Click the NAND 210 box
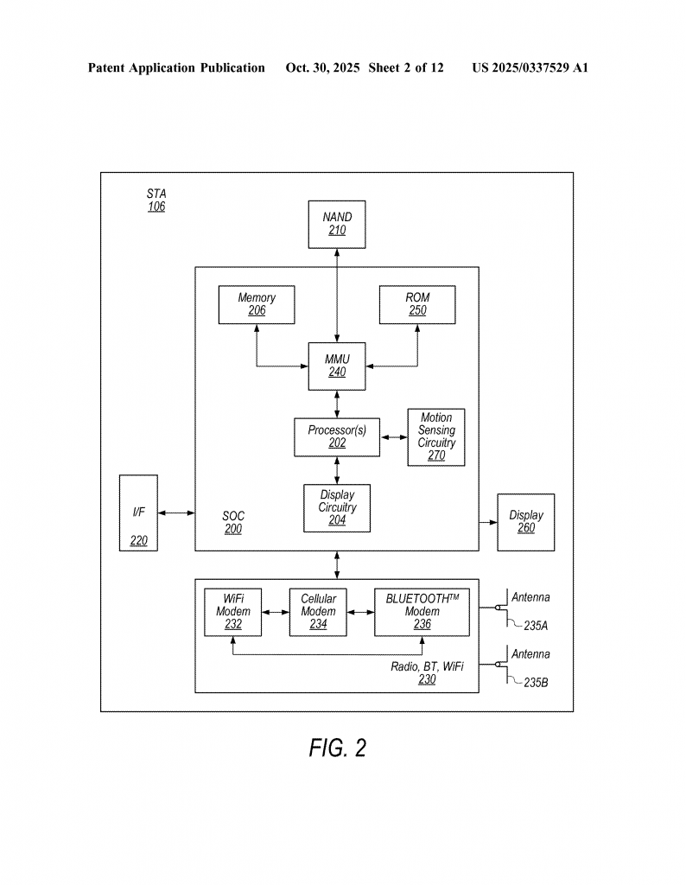tap(336, 223)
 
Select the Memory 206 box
tap(257, 304)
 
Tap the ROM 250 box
tap(417, 304)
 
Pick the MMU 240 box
tap(336, 366)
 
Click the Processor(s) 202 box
tap(336, 436)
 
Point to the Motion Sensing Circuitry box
tap(436, 436)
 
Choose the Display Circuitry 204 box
tap(336, 508)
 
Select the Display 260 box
tap(525, 522)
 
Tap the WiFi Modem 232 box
tap(233, 612)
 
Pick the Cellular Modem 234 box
tap(318, 612)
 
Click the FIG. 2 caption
tap(337, 748)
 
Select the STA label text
tap(156, 193)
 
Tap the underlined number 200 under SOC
tap(233, 530)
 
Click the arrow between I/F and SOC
tap(176, 513)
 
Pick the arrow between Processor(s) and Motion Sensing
tap(393, 437)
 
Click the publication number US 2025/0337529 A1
tap(530, 67)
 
